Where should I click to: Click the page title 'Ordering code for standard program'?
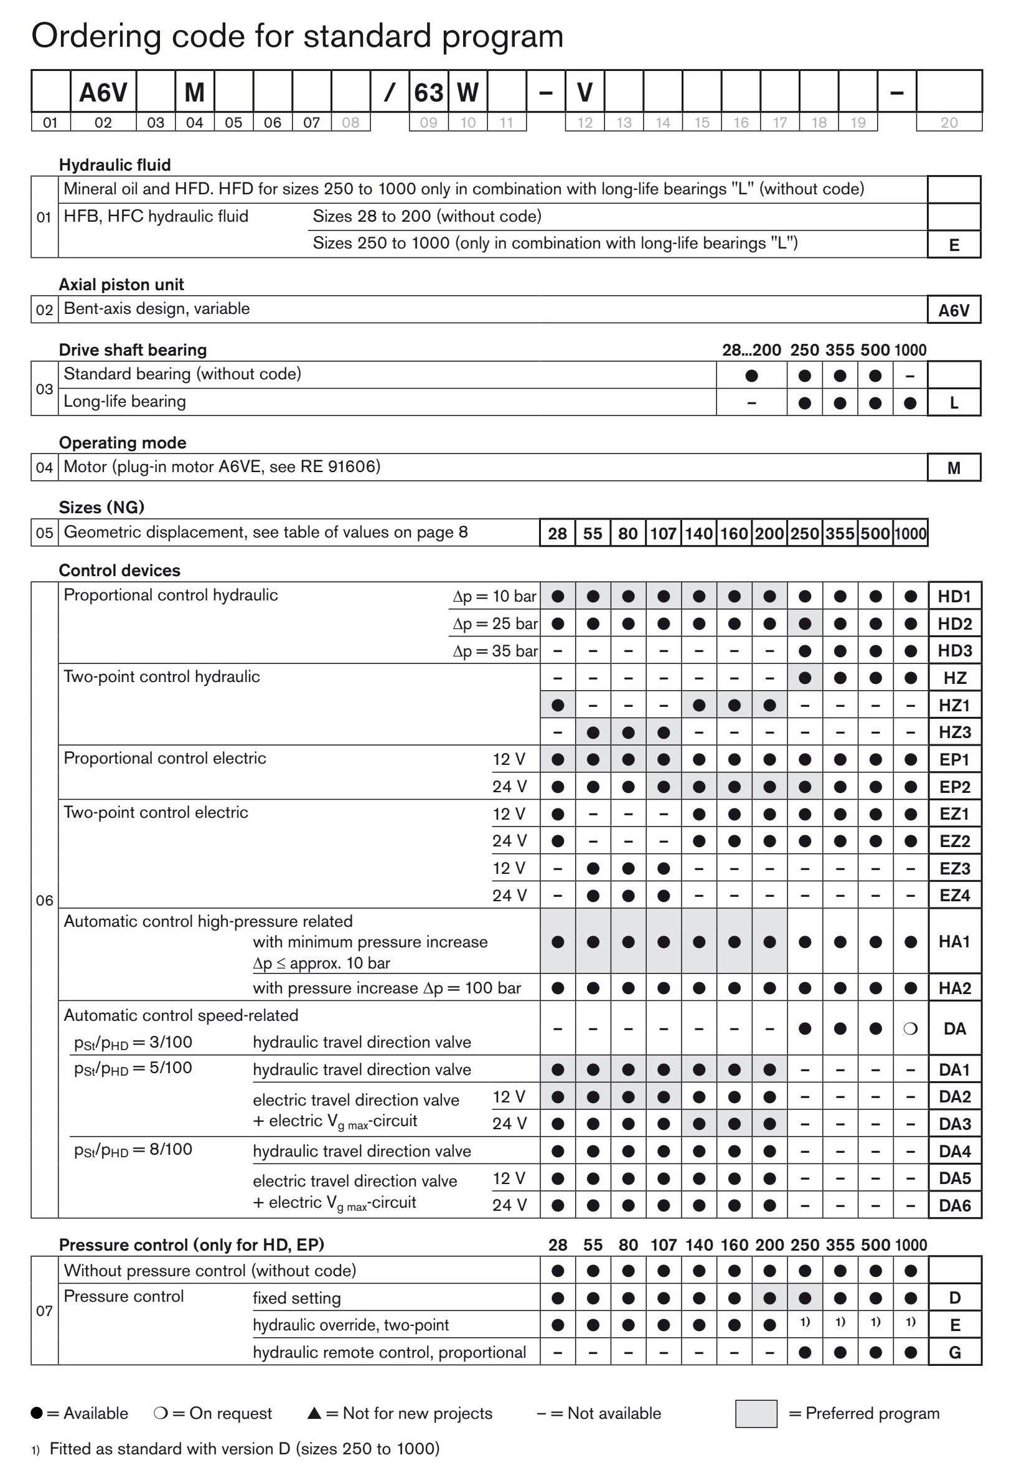[x=297, y=36]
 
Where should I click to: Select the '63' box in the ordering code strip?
[x=428, y=93]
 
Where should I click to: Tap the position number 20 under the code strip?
[x=949, y=123]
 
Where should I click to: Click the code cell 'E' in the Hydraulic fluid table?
[x=954, y=245]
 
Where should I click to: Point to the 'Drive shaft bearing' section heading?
[x=133, y=349]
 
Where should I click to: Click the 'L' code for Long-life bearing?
[x=954, y=402]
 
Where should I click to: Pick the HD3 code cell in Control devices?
[x=955, y=651]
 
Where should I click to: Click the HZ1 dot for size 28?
[x=558, y=705]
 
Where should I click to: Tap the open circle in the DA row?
[x=911, y=1029]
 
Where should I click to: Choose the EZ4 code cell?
[x=955, y=895]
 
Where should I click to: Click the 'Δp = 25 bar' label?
[x=495, y=623]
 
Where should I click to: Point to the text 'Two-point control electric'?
[x=156, y=812]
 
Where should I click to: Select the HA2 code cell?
[x=955, y=988]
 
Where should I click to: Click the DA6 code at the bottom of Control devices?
[x=955, y=1205]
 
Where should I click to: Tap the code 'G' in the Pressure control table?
[x=955, y=1352]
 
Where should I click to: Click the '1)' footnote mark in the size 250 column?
[x=805, y=1322]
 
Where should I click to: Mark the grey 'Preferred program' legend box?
[x=756, y=1413]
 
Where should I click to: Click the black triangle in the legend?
[x=314, y=1413]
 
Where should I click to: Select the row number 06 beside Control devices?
[x=45, y=900]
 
